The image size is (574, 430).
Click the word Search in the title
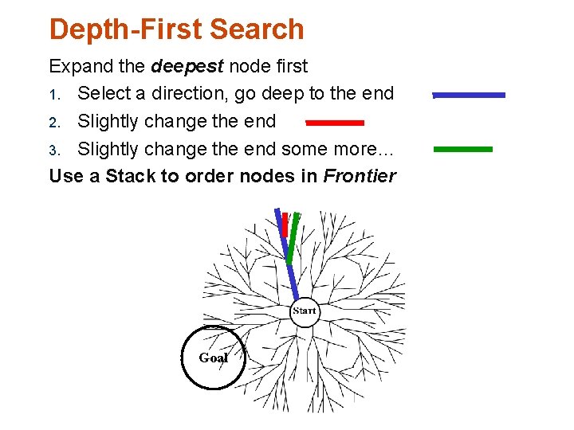256,29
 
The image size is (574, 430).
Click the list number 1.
53,94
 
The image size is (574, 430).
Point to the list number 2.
54,122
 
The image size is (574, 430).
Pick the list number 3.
54,150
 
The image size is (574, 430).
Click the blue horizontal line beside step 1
469,95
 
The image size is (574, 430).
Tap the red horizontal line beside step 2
335,123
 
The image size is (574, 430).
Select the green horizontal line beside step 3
463,149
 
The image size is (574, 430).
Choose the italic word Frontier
360,177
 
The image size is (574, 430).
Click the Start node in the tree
304,311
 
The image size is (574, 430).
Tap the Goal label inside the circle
213,358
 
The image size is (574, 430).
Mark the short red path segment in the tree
284,224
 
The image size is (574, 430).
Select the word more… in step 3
369,150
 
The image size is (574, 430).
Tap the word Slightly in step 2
110,122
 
